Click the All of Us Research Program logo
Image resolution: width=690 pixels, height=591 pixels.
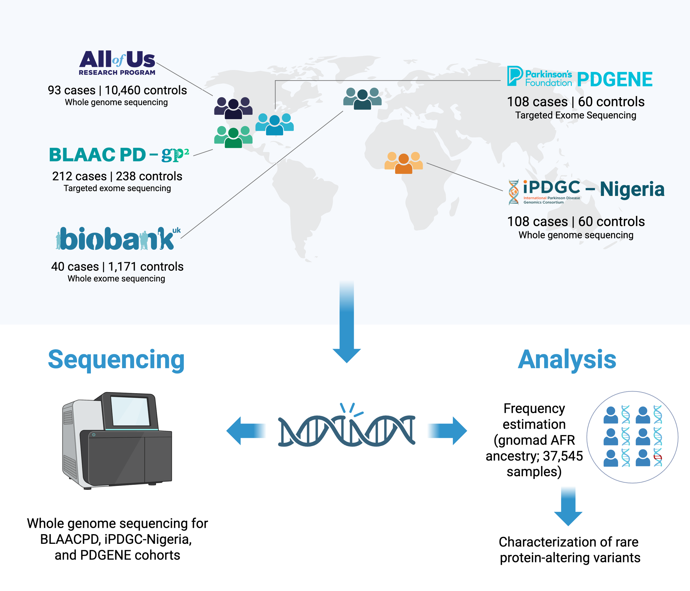point(117,63)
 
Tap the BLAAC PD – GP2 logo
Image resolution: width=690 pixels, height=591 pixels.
point(119,155)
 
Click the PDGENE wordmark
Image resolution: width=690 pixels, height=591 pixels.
point(614,79)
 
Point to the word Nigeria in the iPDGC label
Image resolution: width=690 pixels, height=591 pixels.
point(632,189)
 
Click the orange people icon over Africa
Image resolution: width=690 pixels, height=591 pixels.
point(404,163)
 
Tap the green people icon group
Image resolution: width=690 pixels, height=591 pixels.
point(233,137)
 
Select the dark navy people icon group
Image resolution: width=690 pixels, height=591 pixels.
point(233,108)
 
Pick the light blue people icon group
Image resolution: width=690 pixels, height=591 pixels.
point(274,124)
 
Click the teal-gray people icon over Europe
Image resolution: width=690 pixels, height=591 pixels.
point(362,98)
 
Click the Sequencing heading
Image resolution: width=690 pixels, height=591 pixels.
point(116,360)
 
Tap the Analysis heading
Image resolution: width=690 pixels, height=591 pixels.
point(567,360)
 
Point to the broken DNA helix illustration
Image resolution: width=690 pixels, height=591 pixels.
point(346,430)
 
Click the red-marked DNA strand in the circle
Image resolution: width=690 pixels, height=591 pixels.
point(657,457)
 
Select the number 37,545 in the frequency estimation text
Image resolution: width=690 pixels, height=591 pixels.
point(563,456)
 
